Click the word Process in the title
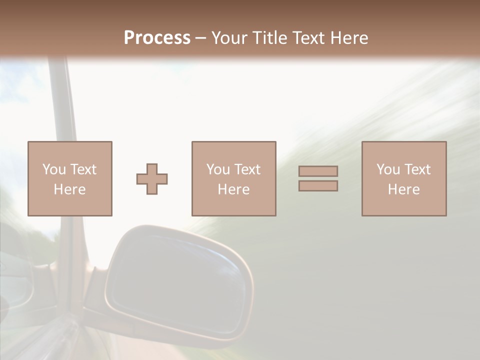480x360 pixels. [157, 37]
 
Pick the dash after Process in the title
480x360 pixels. [201, 38]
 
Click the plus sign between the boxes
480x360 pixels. [152, 179]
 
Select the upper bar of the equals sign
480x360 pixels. [318, 171]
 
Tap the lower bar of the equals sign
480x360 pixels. [318, 186]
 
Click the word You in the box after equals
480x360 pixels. [388, 169]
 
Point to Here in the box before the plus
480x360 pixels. [69, 189]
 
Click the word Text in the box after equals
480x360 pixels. [417, 169]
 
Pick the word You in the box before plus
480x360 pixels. [54, 169]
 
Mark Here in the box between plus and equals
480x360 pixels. [233, 189]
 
